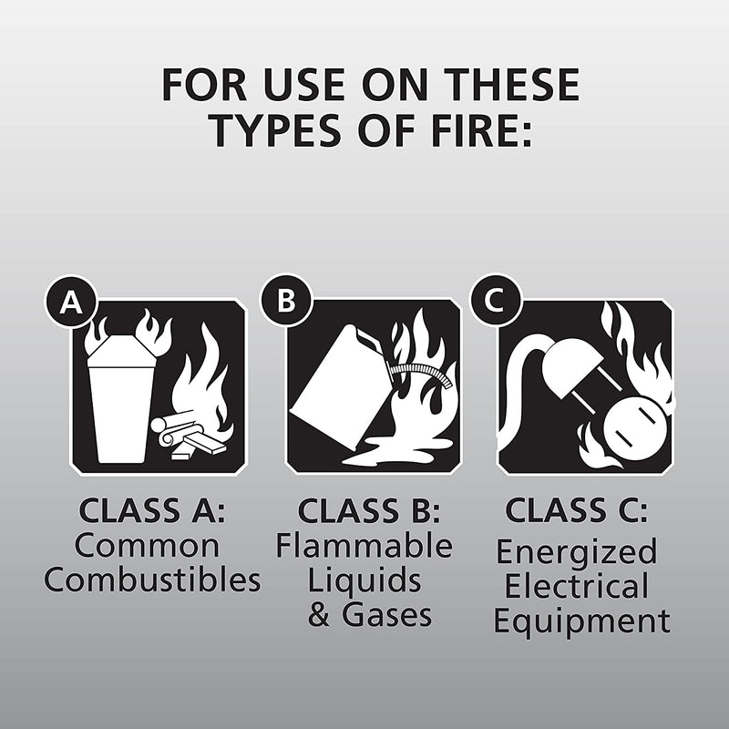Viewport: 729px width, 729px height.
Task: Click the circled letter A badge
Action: [70, 303]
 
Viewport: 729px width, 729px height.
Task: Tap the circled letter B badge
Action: [286, 301]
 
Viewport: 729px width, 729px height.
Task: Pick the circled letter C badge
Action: [496, 302]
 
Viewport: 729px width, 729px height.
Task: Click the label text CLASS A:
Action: [151, 510]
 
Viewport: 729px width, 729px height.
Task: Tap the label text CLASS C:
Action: [577, 510]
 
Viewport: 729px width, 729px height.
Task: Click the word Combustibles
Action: [152, 580]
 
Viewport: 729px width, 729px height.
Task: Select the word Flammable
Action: [364, 546]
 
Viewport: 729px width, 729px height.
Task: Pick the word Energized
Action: [575, 552]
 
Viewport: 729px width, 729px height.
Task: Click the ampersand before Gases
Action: [319, 615]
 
